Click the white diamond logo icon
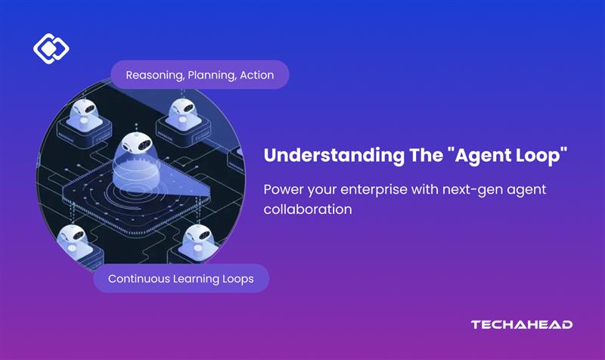[x=51, y=49]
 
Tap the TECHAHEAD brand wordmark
[x=521, y=324]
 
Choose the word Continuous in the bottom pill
[x=140, y=278]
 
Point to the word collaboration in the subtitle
[x=308, y=209]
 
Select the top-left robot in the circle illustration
[x=79, y=113]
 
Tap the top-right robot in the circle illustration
[x=184, y=112]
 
